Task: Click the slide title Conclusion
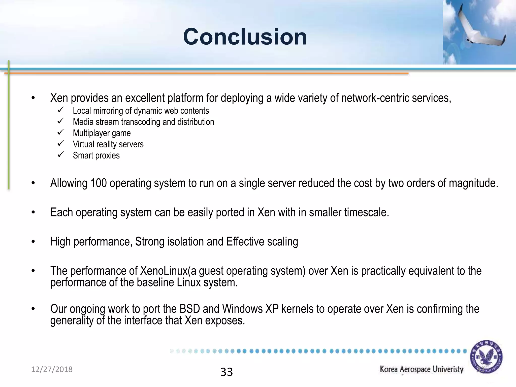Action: (x=245, y=37)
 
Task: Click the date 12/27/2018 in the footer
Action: (x=52, y=369)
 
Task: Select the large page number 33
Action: (x=227, y=372)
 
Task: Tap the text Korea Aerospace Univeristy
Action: (x=422, y=369)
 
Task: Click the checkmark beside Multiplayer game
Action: (x=60, y=132)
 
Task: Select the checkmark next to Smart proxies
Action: (x=60, y=154)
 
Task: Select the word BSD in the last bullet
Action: (x=190, y=309)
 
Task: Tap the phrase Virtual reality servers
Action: (x=108, y=144)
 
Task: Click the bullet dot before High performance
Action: (x=33, y=242)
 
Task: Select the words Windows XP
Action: (x=250, y=309)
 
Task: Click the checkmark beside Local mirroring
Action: (x=60, y=110)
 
